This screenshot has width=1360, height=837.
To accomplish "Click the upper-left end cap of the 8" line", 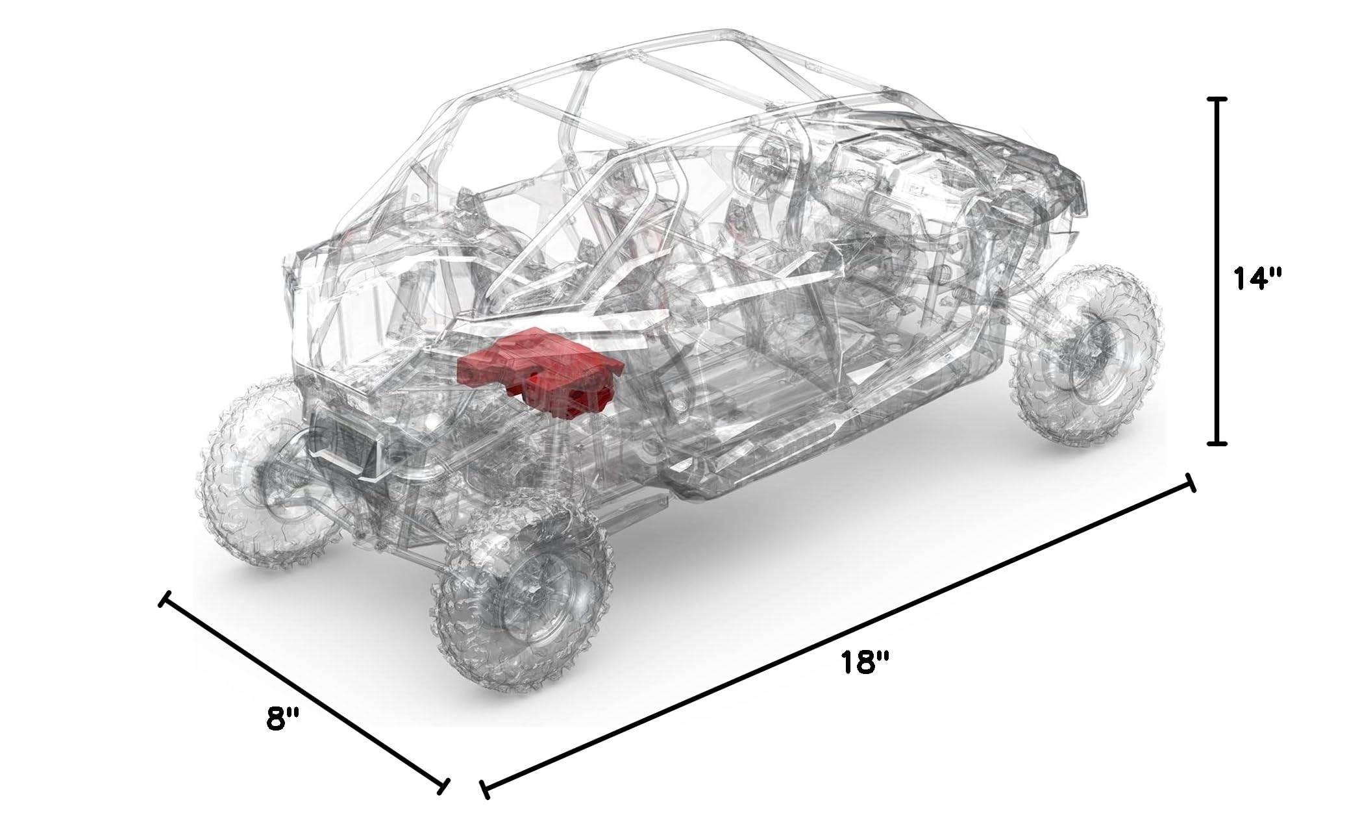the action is [x=165, y=599].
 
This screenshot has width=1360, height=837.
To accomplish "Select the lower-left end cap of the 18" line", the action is [x=484, y=789].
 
